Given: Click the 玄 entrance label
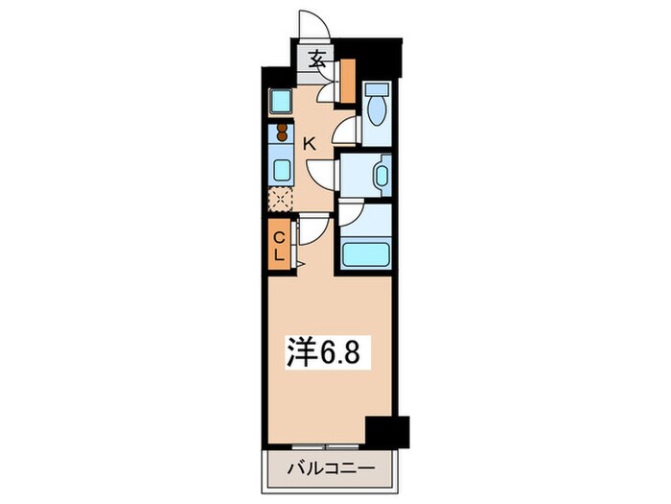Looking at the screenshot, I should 317,59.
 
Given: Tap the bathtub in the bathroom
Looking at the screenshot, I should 365,254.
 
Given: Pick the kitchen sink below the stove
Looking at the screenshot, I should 283,170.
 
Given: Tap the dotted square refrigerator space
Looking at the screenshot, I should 282,200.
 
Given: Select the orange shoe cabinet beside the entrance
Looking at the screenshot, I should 348,74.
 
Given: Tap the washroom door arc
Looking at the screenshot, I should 323,173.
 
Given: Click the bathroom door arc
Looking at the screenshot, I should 350,215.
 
